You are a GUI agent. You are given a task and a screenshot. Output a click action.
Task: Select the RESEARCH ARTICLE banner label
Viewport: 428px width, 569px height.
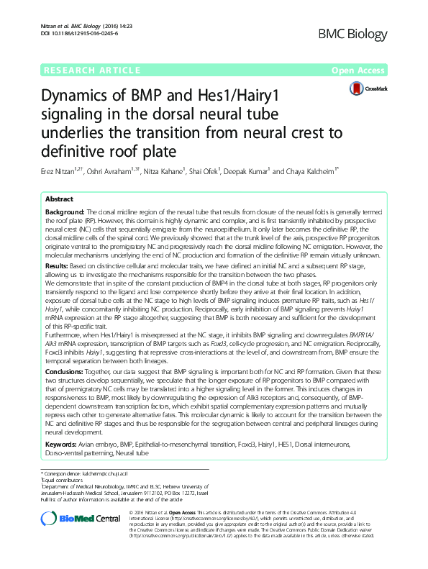(91, 70)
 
